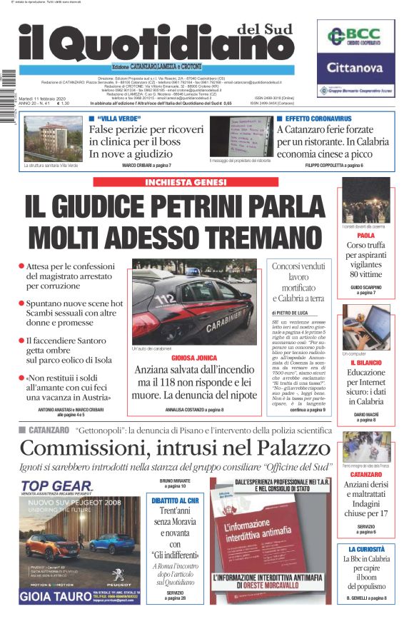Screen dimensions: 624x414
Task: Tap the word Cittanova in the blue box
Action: [356, 68]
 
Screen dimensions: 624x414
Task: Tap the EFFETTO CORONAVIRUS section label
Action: [318, 118]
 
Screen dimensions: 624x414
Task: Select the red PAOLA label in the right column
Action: [365, 235]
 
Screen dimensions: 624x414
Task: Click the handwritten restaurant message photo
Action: [241, 137]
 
